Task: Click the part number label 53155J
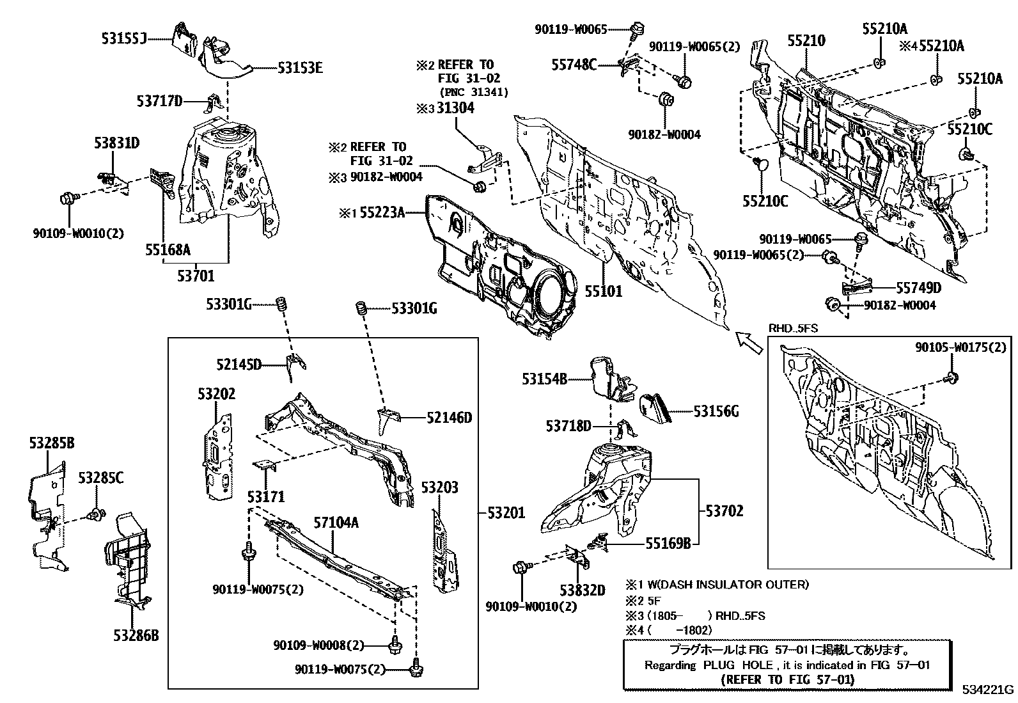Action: click(123, 38)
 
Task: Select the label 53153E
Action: click(299, 67)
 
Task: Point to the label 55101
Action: click(602, 291)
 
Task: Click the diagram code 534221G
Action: click(989, 690)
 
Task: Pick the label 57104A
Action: click(335, 523)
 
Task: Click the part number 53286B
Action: click(136, 635)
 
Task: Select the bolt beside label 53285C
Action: click(97, 514)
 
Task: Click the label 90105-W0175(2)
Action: click(960, 347)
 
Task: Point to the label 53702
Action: click(724, 511)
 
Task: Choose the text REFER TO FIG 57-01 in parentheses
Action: click(787, 679)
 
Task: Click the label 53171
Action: click(267, 496)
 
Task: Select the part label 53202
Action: click(216, 394)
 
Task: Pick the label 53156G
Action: click(716, 412)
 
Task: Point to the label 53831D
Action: click(116, 143)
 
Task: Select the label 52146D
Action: click(449, 418)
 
